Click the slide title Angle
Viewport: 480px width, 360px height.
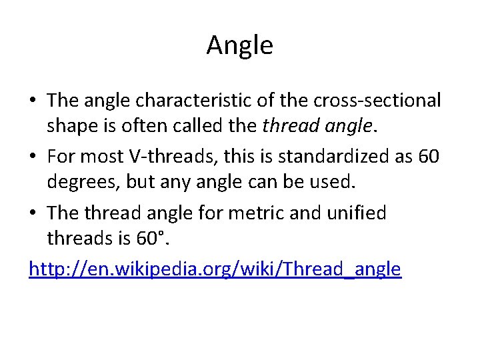(239, 46)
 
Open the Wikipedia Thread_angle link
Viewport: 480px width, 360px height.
(215, 269)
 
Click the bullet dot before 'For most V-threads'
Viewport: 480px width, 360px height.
(33, 157)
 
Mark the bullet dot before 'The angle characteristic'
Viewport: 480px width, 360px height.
(33, 101)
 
